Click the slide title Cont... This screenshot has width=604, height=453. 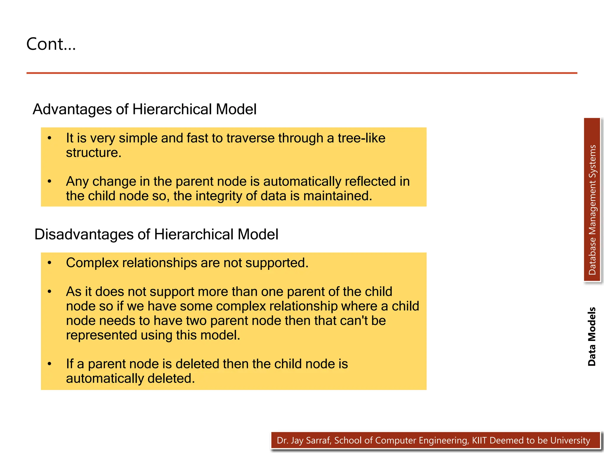tap(51, 44)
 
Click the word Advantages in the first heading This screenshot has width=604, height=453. tap(72, 109)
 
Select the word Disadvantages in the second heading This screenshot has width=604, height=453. tap(84, 234)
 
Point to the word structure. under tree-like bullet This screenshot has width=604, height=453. tap(93, 153)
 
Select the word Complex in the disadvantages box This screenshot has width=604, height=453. tap(92, 263)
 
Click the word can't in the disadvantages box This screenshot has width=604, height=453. tap(352, 321)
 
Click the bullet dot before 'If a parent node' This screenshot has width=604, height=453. tap(50, 364)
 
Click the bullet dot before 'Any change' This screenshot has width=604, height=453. tap(50, 181)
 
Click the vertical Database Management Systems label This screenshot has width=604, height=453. tap(592, 210)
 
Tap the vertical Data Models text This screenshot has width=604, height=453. tap(592, 337)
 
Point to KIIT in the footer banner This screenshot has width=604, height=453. tap(480, 441)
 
